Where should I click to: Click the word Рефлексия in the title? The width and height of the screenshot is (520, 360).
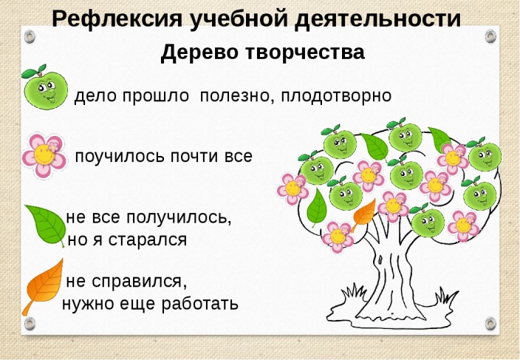pos(117,19)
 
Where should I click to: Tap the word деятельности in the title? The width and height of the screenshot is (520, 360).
pos(377,19)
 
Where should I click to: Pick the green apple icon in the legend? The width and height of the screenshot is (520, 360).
pos(45,87)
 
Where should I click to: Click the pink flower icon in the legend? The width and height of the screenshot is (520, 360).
pos(44,155)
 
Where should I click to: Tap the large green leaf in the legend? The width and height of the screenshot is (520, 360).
pos(46,225)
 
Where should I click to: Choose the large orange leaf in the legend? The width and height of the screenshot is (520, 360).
pos(43,287)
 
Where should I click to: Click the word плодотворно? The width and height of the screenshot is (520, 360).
pos(336,96)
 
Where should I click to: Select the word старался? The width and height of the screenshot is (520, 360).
pos(148,240)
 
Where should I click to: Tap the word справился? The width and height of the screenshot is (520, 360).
pos(137,282)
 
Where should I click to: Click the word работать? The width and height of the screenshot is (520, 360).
pos(200,303)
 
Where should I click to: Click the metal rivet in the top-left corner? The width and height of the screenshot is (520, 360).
pos(30,36)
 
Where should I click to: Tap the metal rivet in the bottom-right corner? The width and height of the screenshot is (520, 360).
pos(490,323)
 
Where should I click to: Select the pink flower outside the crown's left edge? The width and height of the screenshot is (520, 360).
pos(292,189)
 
